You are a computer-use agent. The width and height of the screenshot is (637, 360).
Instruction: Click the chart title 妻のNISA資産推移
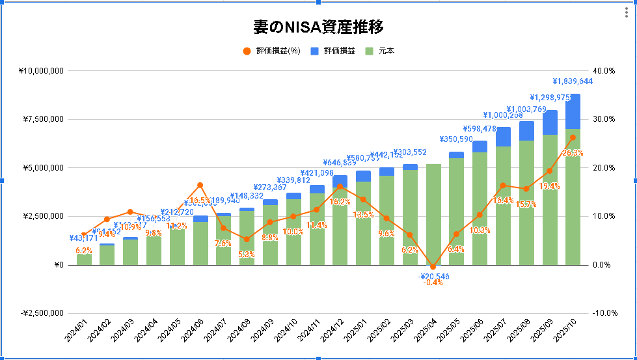tap(318, 27)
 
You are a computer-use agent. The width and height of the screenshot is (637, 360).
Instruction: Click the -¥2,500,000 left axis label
tap(38, 313)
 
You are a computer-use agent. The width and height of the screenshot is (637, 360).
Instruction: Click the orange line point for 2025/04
tap(433, 267)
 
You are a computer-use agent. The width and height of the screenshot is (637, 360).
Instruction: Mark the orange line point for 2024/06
tap(200, 185)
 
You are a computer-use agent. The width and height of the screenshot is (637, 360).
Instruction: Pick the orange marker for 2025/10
tap(573, 137)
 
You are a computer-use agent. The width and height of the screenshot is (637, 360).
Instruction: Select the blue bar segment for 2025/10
tap(573, 111)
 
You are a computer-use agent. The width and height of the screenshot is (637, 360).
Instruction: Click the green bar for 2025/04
tap(433, 215)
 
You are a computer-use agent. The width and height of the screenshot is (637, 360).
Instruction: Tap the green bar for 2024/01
tap(84, 259)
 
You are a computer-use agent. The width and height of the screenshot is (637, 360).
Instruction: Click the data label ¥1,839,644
tap(573, 81)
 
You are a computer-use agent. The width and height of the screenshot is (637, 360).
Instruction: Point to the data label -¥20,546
tap(433, 276)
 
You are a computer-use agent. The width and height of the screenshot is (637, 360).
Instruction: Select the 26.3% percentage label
tap(573, 153)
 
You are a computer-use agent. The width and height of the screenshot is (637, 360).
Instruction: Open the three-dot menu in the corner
tap(627, 13)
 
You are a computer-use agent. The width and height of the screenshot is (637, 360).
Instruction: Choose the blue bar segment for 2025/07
tap(503, 137)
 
